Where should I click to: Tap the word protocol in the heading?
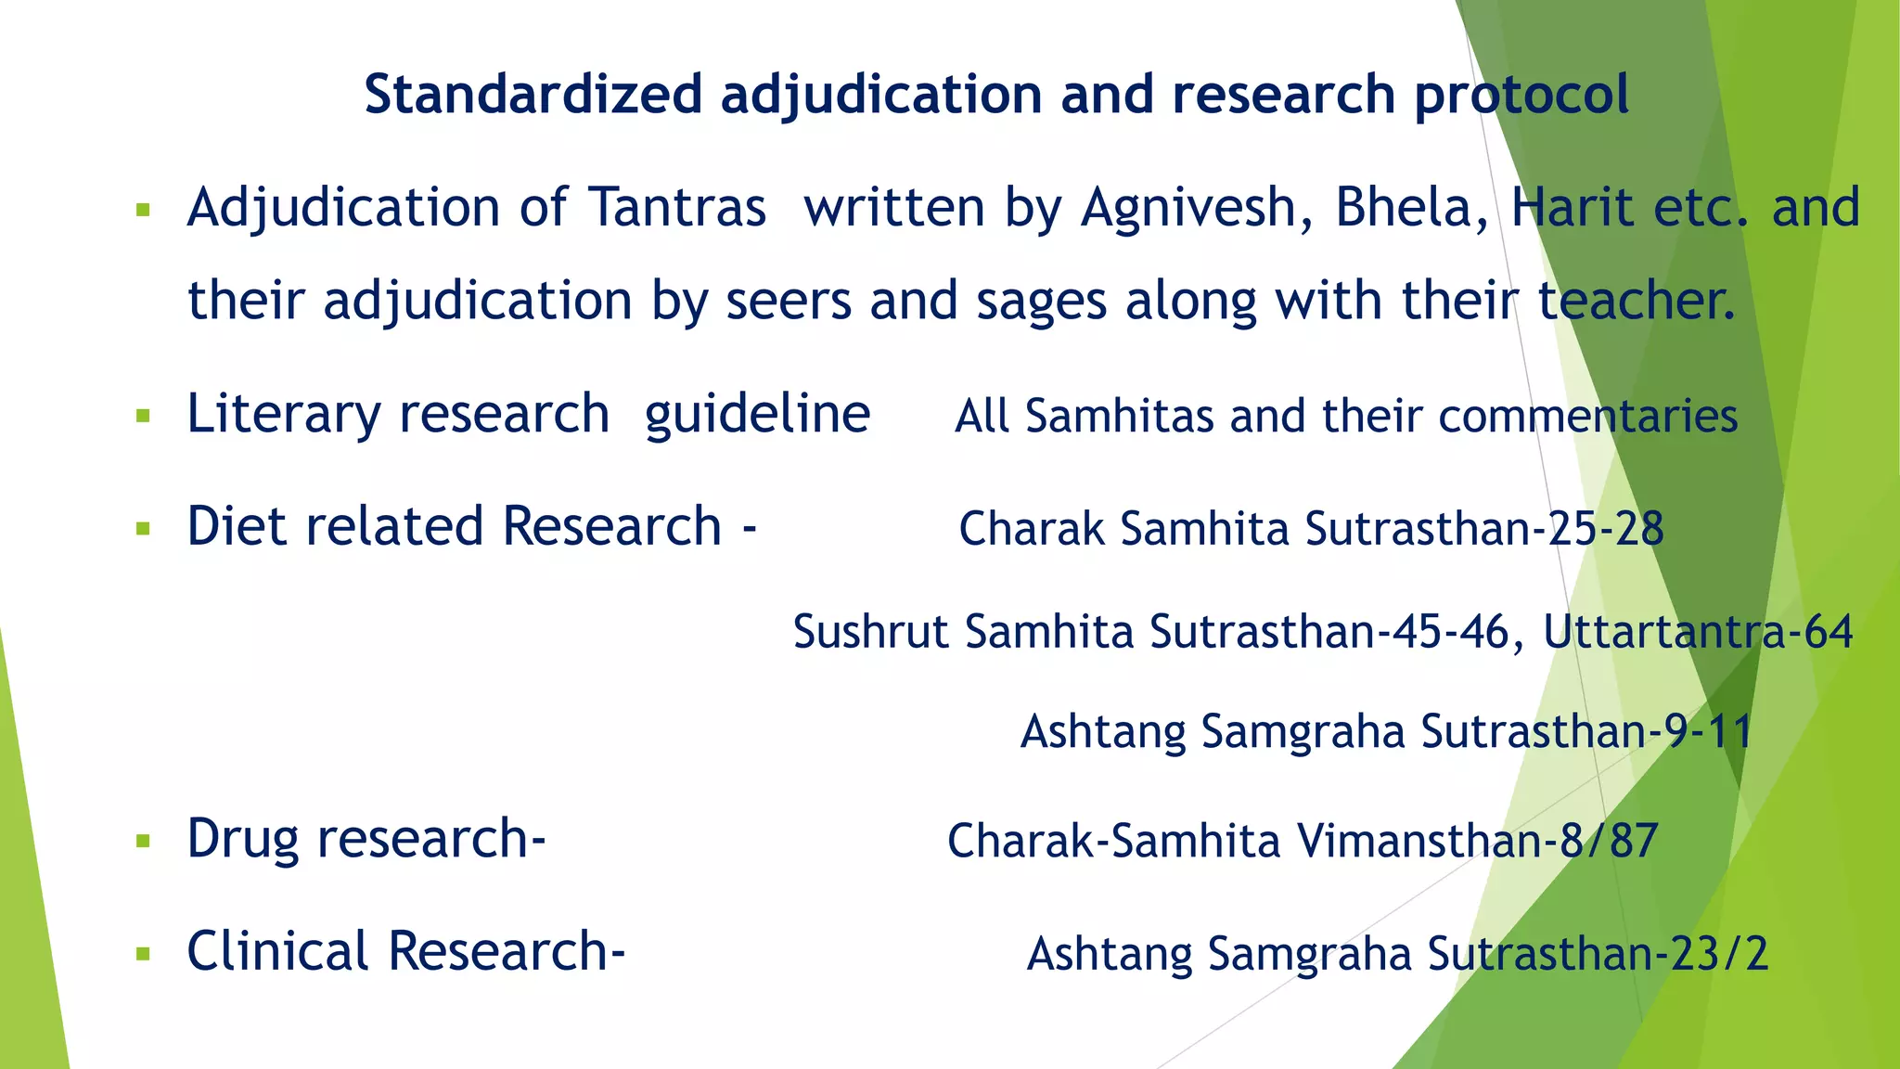pyautogui.click(x=1521, y=97)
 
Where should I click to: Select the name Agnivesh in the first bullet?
pyautogui.click(x=1196, y=207)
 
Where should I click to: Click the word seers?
pyautogui.click(x=788, y=303)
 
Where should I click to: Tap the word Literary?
pyautogui.click(x=283, y=414)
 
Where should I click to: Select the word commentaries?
pyautogui.click(x=1587, y=416)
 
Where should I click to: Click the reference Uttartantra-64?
pyautogui.click(x=1697, y=632)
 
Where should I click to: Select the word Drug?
pyautogui.click(x=242, y=839)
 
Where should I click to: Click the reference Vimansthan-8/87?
pyautogui.click(x=1476, y=841)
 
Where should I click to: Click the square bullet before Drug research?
pyautogui.click(x=143, y=842)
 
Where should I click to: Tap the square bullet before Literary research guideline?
pyautogui.click(x=143, y=416)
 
